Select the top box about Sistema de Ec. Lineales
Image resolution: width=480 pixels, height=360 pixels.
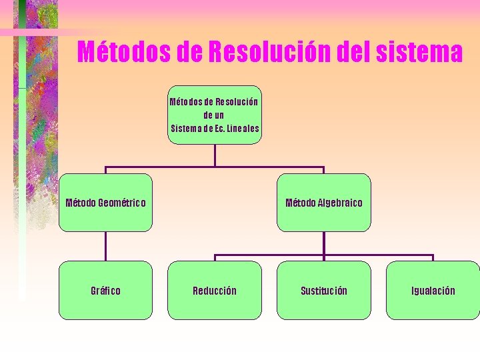point(215,115)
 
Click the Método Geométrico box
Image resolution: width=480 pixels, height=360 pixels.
point(105,203)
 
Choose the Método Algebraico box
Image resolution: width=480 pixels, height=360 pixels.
point(323,203)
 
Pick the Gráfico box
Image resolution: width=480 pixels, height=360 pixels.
point(105,290)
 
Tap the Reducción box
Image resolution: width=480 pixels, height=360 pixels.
point(215,290)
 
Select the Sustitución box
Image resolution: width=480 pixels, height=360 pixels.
point(323,290)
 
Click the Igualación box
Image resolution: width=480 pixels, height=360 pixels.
point(433,290)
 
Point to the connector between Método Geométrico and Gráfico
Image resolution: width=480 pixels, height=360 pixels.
point(105,246)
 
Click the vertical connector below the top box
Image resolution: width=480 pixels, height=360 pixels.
point(215,155)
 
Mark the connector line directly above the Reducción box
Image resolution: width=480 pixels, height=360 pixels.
point(215,258)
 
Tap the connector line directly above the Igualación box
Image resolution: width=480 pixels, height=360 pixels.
point(433,258)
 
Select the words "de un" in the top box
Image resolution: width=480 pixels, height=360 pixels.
point(215,115)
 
